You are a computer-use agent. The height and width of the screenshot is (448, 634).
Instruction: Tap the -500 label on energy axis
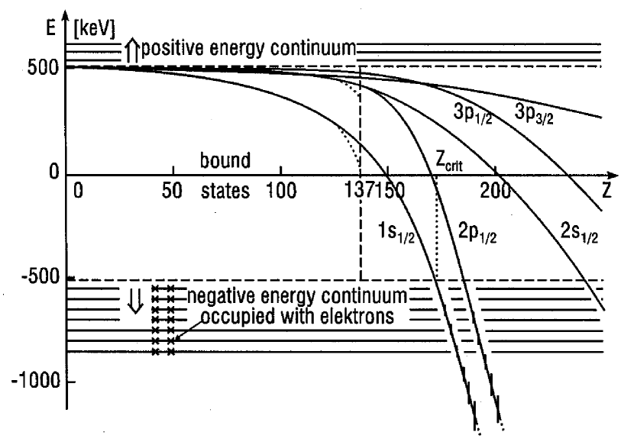[x=40, y=277]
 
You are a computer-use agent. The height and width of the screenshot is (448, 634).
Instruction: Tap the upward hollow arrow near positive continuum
[x=128, y=51]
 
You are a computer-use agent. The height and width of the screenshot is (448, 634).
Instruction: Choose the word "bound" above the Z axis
[x=225, y=162]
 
